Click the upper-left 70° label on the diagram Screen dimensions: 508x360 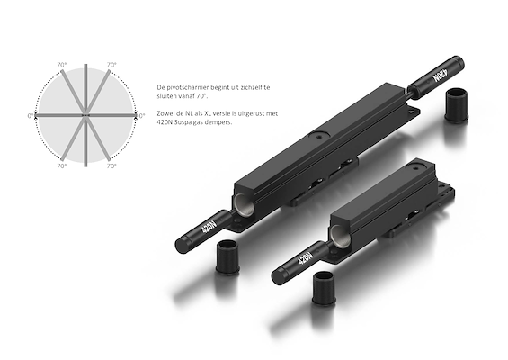[x=61, y=65]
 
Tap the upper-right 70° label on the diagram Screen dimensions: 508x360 [x=111, y=65]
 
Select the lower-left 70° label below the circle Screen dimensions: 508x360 [x=61, y=166]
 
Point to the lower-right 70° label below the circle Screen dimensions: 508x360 [x=111, y=166]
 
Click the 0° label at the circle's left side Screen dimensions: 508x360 [x=31, y=116]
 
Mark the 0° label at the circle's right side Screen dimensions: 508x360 [x=141, y=116]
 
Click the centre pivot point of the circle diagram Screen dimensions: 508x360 [x=85, y=115]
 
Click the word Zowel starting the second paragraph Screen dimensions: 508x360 [x=165, y=113]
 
